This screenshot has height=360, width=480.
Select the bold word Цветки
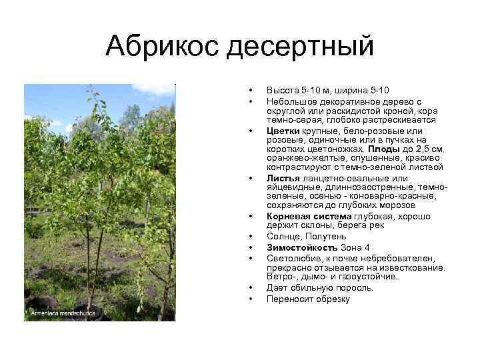point(283,131)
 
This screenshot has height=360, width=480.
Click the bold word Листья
point(283,179)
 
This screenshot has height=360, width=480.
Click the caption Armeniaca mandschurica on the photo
point(62,312)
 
